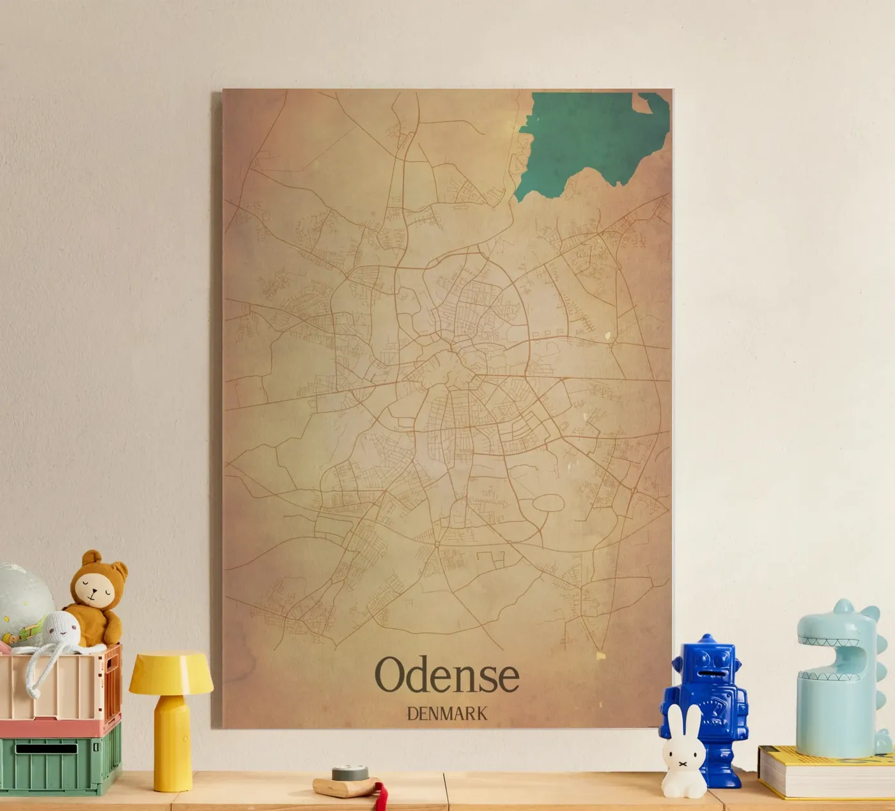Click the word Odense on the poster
(x=447, y=675)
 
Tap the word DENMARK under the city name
(x=447, y=713)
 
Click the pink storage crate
(x=61, y=687)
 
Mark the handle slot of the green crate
(x=46, y=748)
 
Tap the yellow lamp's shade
(x=171, y=672)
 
